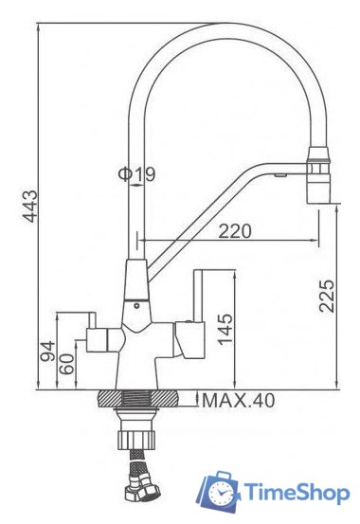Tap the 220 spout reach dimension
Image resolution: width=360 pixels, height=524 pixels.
click(235, 228)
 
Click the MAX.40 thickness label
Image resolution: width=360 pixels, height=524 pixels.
click(238, 402)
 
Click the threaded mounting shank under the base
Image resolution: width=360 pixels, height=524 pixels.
click(138, 417)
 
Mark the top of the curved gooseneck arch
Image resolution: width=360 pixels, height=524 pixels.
click(219, 27)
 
